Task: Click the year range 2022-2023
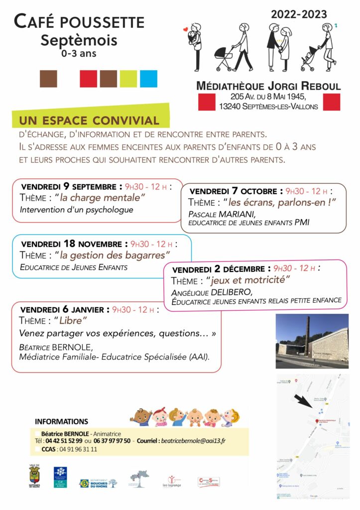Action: click(299, 14)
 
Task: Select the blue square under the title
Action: click(148, 79)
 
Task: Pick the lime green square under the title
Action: click(128, 79)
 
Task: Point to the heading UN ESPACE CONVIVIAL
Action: click(89, 121)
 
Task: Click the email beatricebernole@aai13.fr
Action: click(195, 441)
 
